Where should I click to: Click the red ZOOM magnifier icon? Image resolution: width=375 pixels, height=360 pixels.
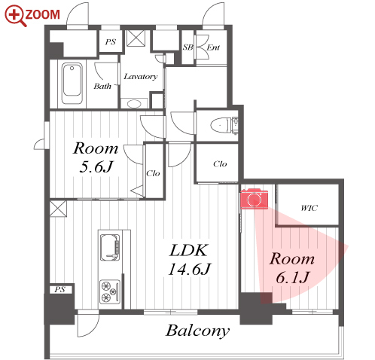tap(15, 16)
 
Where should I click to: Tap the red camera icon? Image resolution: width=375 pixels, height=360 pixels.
tap(255, 199)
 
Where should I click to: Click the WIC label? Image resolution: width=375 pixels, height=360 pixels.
tap(309, 208)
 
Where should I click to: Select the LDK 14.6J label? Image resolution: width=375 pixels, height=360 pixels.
tap(189, 260)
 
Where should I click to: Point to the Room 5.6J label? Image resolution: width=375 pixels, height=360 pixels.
tap(96, 157)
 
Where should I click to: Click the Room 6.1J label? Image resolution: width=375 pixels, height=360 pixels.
tap(292, 268)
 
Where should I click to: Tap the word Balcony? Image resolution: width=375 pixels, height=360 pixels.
tap(197, 331)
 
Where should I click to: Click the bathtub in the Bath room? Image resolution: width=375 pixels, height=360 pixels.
tap(72, 84)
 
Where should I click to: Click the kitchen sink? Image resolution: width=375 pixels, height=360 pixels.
tap(110, 248)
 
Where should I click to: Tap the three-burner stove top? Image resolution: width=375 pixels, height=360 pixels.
tap(110, 291)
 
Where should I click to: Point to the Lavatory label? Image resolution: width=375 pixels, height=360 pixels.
tap(141, 77)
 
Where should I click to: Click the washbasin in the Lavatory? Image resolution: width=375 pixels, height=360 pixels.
tap(134, 103)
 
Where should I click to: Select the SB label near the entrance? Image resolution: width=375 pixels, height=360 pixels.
tap(187, 47)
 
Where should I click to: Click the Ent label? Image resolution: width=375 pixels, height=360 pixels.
tap(213, 47)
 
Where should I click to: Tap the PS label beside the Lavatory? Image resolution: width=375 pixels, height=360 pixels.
tap(111, 41)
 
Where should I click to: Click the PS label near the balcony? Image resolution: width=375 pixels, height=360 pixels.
tap(59, 289)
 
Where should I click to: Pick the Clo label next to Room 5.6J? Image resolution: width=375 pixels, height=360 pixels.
tap(153, 173)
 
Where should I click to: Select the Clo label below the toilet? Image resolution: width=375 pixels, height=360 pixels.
tap(220, 164)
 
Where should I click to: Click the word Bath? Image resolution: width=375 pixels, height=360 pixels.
tap(102, 87)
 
